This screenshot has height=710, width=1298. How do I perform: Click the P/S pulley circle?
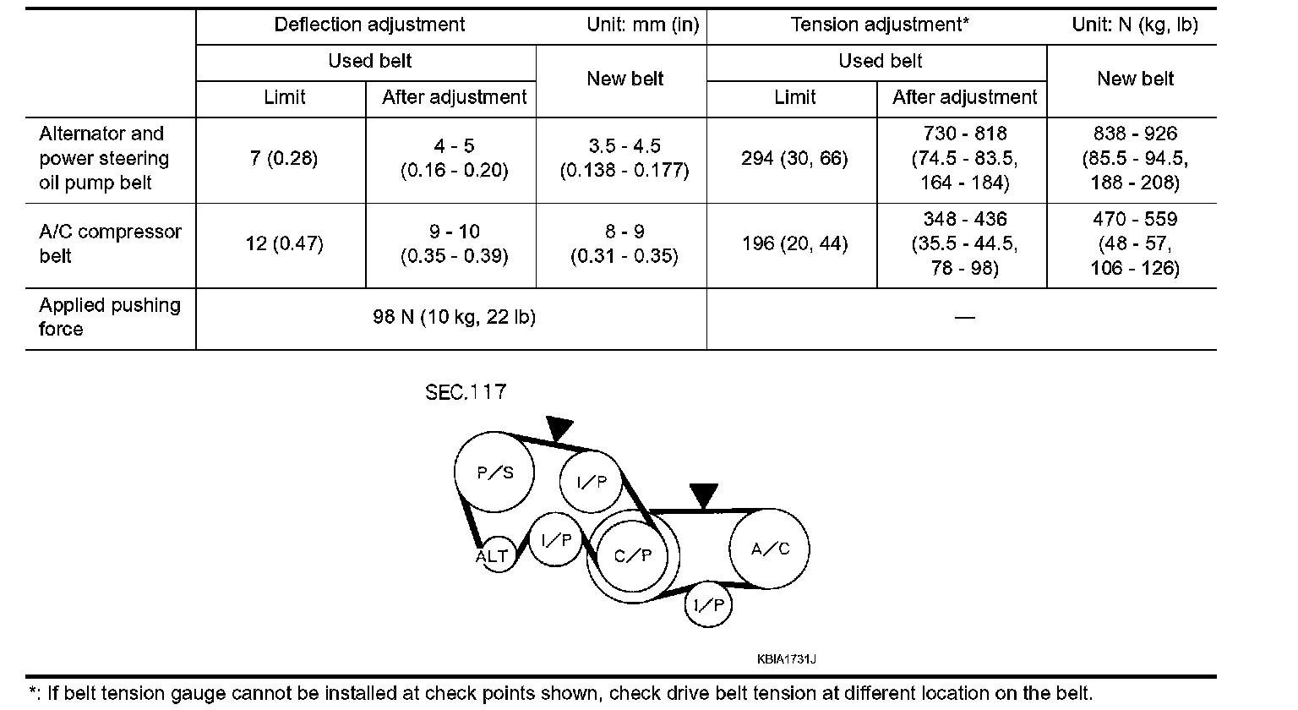[x=495, y=472]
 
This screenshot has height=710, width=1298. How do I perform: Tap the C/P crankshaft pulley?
[x=633, y=554]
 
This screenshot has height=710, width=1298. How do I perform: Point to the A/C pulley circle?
[x=770, y=549]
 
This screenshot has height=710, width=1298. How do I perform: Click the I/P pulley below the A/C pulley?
[x=708, y=604]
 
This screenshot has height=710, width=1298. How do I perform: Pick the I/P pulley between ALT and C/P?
[x=556, y=540]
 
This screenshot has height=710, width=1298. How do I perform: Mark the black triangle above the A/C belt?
[x=703, y=495]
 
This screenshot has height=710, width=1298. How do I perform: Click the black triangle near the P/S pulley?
[x=559, y=428]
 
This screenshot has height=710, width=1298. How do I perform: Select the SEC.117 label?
[x=466, y=392]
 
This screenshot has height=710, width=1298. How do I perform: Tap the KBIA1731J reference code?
[x=787, y=658]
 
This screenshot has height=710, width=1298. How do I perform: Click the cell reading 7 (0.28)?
[x=284, y=159]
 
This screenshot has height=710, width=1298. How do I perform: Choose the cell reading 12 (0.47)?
[x=284, y=244]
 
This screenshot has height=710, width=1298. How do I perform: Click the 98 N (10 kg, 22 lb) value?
[x=455, y=317]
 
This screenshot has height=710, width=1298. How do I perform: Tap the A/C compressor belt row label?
[x=110, y=243]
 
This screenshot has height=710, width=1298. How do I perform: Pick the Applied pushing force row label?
[x=110, y=317]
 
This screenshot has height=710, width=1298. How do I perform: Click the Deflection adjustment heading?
[x=369, y=25]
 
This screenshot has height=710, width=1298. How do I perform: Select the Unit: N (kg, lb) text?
[x=1135, y=25]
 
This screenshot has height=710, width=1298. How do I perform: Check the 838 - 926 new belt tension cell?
[x=1135, y=158]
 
